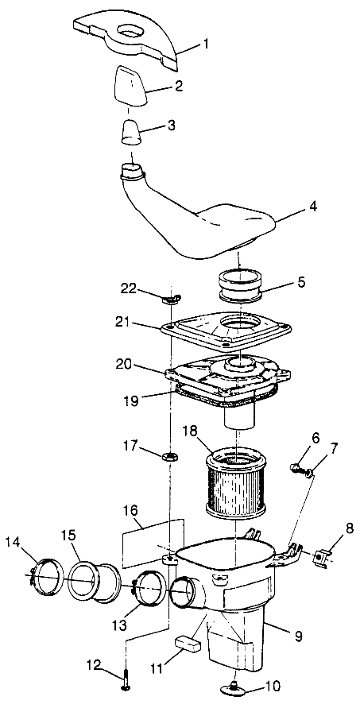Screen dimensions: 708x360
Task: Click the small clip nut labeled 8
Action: (323, 556)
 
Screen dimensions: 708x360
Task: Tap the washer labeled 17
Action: (169, 458)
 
